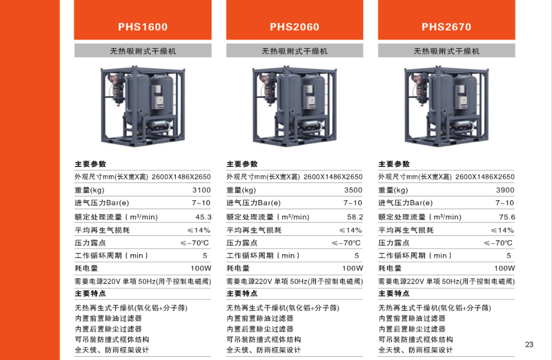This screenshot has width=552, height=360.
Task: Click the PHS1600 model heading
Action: [x=142, y=27]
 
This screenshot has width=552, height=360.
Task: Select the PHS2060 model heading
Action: [x=294, y=27]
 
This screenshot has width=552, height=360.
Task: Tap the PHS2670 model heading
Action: [x=446, y=27]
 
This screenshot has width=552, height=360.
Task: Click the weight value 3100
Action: [x=201, y=190]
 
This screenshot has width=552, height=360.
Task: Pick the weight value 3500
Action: [x=353, y=190]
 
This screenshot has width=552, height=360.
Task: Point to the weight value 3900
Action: [x=505, y=190]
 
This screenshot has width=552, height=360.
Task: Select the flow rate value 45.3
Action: [x=204, y=217]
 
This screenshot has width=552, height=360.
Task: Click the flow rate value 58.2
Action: [x=355, y=217]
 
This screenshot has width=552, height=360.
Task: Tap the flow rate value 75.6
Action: [x=507, y=217]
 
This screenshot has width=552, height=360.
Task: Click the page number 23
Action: [x=529, y=344]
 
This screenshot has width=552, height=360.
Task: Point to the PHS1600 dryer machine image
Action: [x=143, y=106]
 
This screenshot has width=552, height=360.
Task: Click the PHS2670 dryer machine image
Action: [x=446, y=106]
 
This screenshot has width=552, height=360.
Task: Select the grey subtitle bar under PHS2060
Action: [x=295, y=51]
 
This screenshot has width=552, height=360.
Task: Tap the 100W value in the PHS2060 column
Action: [x=352, y=268]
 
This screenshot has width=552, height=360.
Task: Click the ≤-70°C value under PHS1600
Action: [x=195, y=243]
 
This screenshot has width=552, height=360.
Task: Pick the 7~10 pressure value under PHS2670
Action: [x=505, y=203]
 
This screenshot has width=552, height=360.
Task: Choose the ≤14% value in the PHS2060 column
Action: [x=350, y=230]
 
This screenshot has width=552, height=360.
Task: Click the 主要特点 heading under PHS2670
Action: [x=394, y=293]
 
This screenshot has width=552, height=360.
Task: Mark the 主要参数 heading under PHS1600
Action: [x=90, y=164]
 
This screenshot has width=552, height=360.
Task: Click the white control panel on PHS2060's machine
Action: [x=310, y=97]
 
